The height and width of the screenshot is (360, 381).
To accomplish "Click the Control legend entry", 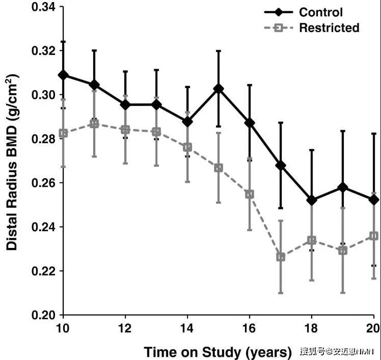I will tap(321, 12).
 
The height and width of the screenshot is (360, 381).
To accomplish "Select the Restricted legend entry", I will tap(329, 27).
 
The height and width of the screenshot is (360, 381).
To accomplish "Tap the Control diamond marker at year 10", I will tap(63, 75).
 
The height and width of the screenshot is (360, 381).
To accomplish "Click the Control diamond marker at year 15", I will tap(219, 89).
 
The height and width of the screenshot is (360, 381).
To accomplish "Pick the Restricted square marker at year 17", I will tap(281, 257).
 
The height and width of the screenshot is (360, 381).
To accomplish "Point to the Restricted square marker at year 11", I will tap(94, 123).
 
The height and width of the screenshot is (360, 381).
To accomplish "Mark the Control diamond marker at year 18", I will tap(312, 200).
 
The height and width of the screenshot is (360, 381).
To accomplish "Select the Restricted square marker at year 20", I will tap(374, 236).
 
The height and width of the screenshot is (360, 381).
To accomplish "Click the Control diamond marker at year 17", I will tap(281, 165).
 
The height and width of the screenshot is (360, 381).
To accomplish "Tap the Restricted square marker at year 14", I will tap(187, 147).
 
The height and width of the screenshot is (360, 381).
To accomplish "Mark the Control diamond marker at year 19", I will tap(343, 187).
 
